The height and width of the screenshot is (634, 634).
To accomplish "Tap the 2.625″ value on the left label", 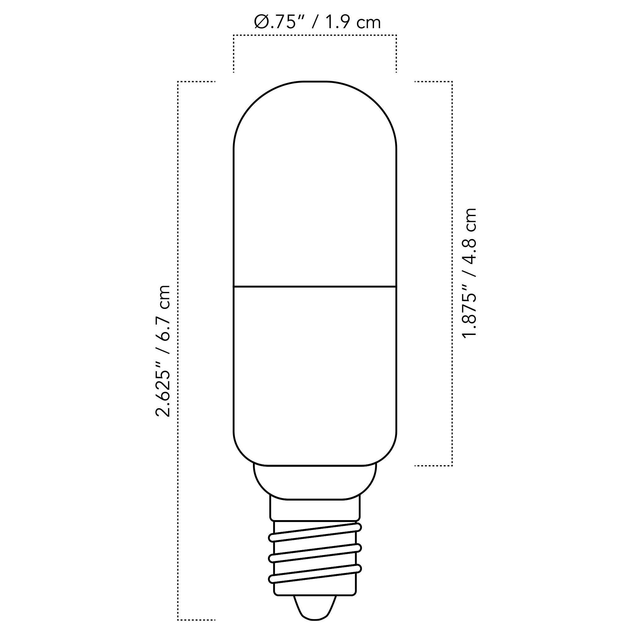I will pos(163,389).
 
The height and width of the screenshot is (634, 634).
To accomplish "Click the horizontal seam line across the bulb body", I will pos(315,287).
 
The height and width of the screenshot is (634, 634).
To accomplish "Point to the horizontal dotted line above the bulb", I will pos(315,35).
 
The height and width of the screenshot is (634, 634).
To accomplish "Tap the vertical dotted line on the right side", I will pos(452,272).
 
